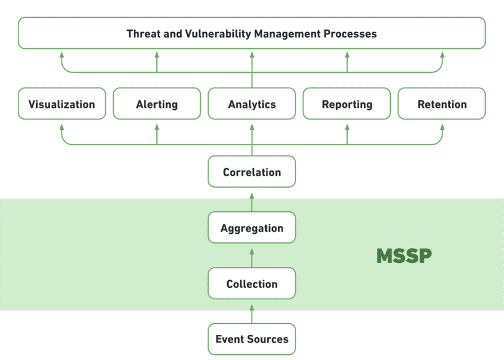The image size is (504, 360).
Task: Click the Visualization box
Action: (x=61, y=104)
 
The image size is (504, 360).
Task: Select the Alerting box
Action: (x=156, y=104)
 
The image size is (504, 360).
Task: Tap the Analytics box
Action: (x=252, y=104)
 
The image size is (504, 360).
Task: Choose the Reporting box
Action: (x=347, y=104)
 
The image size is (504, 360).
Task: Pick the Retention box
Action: (x=441, y=104)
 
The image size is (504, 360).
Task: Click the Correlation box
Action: (x=252, y=172)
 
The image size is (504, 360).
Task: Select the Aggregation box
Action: (x=252, y=228)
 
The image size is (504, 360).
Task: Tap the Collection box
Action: (x=252, y=284)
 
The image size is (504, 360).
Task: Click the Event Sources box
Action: (x=252, y=339)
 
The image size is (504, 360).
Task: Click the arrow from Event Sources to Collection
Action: (x=252, y=313)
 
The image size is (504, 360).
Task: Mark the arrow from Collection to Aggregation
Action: (x=252, y=257)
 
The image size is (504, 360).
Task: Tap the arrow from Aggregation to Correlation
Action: (x=252, y=200)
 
